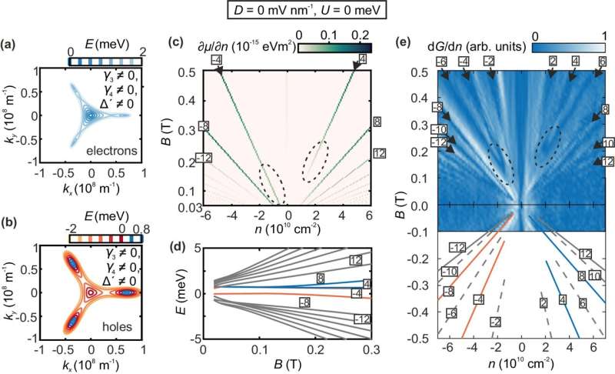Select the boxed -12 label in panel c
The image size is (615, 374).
(204, 158)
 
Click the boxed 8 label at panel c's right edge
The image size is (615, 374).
(377, 122)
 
